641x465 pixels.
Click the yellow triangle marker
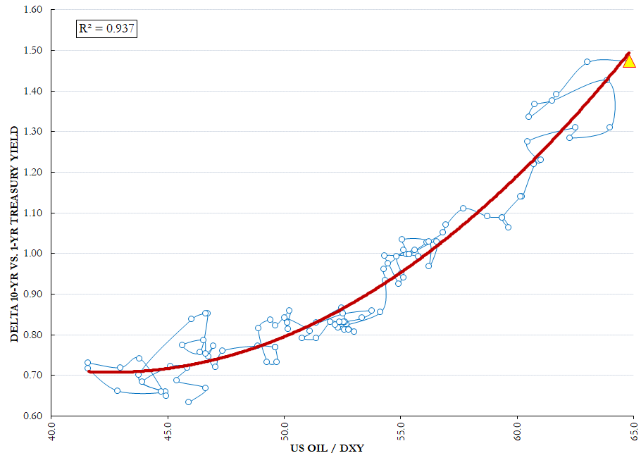(629, 61)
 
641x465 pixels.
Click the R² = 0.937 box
(106, 29)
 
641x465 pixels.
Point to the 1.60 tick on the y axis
(33, 9)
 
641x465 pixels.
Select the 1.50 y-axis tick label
(33, 50)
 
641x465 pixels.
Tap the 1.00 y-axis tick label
(33, 254)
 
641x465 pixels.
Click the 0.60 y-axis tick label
(33, 416)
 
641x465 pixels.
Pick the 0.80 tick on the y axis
(33, 335)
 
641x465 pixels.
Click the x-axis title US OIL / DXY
(327, 449)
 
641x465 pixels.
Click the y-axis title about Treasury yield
(15, 234)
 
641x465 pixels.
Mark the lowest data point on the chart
(189, 402)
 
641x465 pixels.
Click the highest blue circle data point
(587, 62)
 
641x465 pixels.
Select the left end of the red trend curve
(89, 372)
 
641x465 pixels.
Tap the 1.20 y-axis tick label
(33, 172)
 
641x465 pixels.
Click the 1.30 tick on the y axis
(33, 132)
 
